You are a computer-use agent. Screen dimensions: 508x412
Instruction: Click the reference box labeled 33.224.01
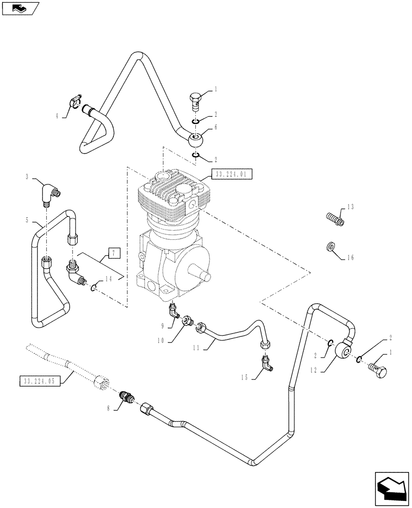tap(231, 174)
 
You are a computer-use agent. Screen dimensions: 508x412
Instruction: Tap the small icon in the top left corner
tap(20, 8)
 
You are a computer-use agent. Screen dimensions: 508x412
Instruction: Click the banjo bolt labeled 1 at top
tap(195, 99)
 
